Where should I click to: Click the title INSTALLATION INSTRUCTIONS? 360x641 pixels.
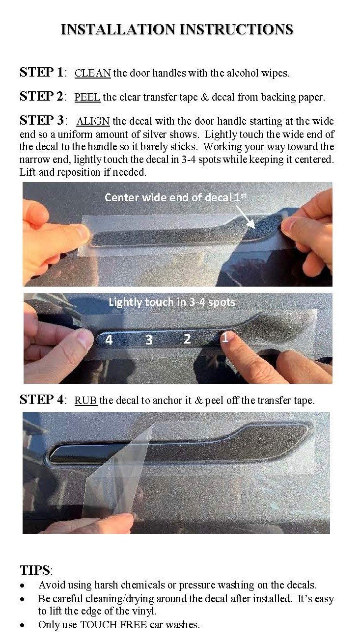tap(177, 29)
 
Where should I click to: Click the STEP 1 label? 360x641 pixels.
tap(42, 73)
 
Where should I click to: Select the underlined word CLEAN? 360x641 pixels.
tap(92, 73)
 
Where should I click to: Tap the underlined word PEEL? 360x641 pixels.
tap(87, 97)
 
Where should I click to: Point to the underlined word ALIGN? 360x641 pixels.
tap(93, 121)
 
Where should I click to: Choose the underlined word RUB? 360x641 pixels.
tap(86, 401)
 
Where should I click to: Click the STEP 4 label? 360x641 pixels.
tap(42, 400)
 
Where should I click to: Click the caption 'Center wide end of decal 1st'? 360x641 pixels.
tap(174, 197)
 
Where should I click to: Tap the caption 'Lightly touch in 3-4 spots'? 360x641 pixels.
tap(171, 302)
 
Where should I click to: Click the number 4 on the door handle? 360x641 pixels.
tap(109, 340)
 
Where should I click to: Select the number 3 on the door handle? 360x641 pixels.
tap(148, 340)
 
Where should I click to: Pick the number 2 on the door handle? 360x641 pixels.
tap(187, 339)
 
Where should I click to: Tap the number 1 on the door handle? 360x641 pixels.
tap(225, 337)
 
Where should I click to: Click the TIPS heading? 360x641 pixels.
tap(35, 570)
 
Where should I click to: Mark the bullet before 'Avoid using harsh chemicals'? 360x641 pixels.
tap(22, 586)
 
